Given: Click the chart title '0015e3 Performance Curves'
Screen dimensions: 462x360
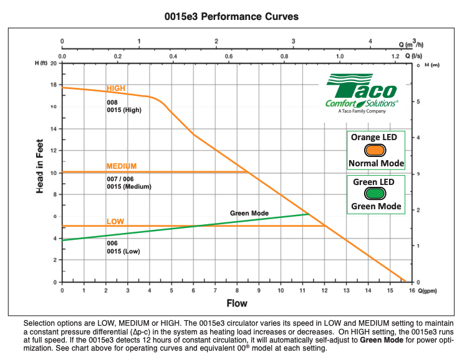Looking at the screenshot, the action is click(x=231, y=16).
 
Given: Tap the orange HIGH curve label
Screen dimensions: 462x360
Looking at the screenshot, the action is click(x=116, y=88).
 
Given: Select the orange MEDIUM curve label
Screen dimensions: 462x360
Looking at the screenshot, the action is click(x=122, y=166).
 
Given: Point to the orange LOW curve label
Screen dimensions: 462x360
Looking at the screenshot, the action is click(x=115, y=221).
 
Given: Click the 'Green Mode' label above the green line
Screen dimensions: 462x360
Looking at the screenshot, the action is click(x=249, y=213).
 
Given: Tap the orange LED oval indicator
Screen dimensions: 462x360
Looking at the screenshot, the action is click(x=375, y=150).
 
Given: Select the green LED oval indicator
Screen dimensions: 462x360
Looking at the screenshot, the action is click(x=375, y=194).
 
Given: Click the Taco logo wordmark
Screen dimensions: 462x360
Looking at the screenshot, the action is click(x=362, y=86).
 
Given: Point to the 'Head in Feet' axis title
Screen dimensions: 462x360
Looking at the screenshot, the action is click(x=40, y=166).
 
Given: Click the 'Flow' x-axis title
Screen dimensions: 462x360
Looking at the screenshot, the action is click(x=237, y=303).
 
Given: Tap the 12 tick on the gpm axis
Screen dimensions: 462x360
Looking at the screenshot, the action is click(x=324, y=290).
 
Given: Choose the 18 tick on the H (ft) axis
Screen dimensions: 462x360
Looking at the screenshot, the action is click(x=54, y=85).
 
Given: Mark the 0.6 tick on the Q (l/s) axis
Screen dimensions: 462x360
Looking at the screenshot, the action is click(x=229, y=56).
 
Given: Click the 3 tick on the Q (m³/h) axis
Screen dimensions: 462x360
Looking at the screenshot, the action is click(x=293, y=42).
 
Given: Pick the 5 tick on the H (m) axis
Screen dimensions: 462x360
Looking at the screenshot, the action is click(x=418, y=102).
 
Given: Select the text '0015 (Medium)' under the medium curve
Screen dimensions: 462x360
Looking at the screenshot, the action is click(x=129, y=187).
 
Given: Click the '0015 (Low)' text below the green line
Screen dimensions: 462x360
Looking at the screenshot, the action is click(x=123, y=252).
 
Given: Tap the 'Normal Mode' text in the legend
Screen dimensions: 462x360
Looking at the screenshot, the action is click(x=376, y=163).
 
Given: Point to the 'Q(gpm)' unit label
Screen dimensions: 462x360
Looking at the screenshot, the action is click(x=427, y=291).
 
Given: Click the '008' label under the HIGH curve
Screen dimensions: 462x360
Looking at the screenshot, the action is click(x=112, y=102).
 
